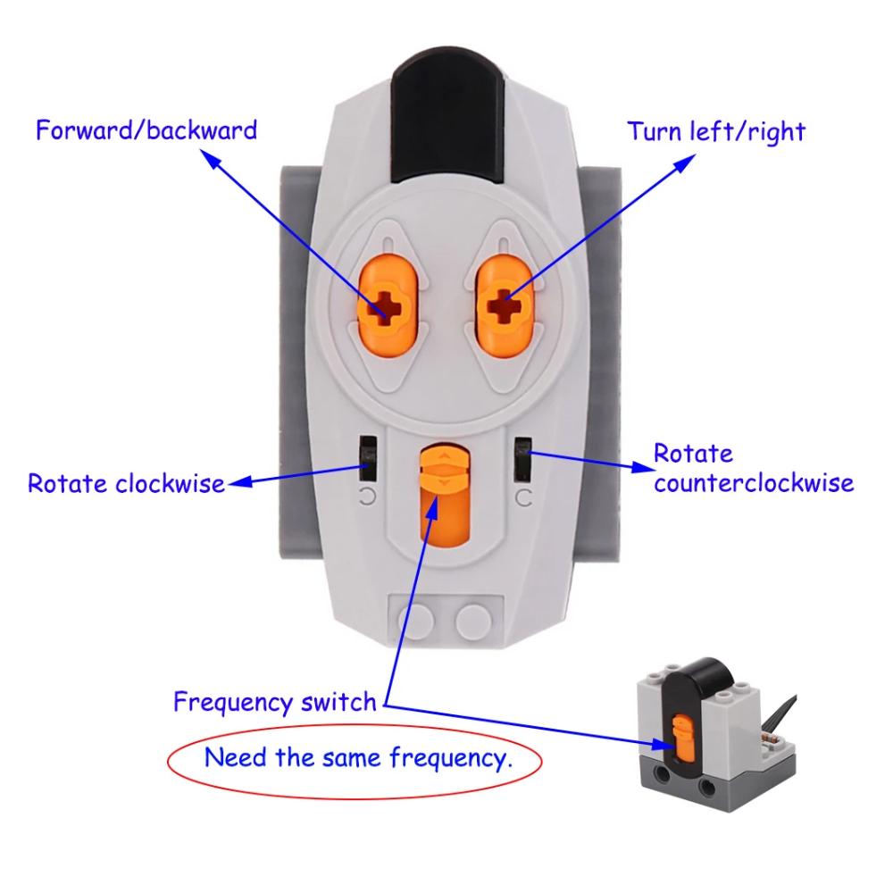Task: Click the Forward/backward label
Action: click(146, 130)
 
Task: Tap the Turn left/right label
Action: click(715, 132)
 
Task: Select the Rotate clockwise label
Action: click(126, 483)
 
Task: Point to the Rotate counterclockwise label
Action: click(753, 469)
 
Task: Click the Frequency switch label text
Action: click(275, 701)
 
